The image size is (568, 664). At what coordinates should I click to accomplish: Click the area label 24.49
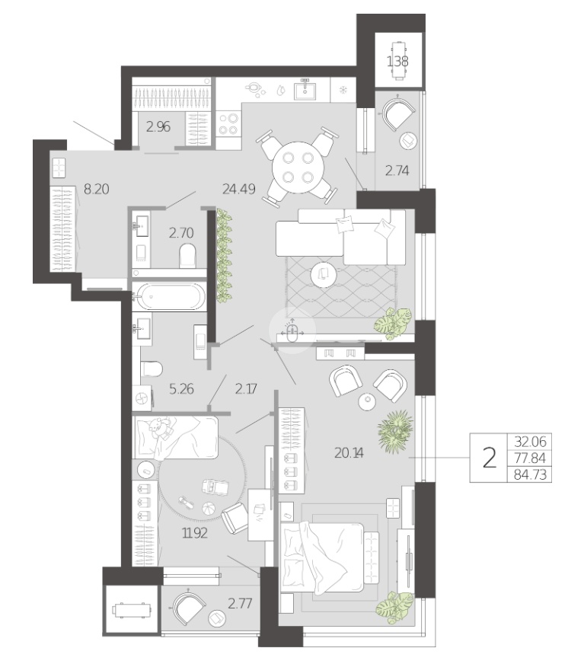(239, 189)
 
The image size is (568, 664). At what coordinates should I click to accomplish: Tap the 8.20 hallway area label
(96, 189)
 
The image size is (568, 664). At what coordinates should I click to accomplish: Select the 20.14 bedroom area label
(349, 453)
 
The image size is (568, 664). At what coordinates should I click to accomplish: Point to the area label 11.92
(195, 533)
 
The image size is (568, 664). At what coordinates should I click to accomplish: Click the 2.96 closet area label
(158, 126)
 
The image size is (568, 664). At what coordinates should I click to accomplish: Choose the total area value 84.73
(530, 474)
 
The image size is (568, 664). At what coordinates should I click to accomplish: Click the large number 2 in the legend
(490, 458)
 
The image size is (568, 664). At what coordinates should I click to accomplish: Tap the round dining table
(298, 168)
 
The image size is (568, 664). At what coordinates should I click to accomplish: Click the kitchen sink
(305, 89)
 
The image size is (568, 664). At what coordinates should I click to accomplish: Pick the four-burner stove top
(228, 123)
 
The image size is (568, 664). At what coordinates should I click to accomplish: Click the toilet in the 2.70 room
(187, 256)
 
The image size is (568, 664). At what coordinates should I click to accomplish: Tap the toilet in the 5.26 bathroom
(152, 369)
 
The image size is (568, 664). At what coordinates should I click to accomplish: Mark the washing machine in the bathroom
(142, 398)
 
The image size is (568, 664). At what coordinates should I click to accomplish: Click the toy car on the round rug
(215, 486)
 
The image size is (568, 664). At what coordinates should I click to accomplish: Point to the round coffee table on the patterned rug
(323, 275)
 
